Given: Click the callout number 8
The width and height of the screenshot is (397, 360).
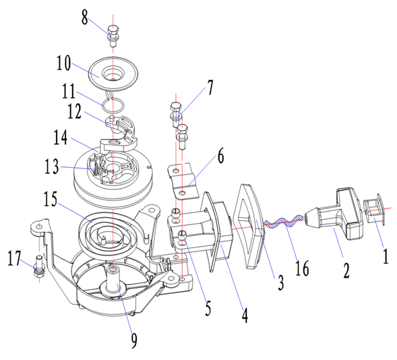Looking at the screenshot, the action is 84,18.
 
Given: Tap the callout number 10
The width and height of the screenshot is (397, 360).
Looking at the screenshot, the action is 63,63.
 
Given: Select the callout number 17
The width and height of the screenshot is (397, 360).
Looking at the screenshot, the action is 14,258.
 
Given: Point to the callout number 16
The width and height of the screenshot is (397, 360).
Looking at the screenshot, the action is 302,268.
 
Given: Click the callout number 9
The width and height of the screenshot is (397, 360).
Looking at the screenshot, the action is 134,340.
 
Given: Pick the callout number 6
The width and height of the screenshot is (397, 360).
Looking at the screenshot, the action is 221,156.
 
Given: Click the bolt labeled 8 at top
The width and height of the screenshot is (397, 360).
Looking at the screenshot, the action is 113,36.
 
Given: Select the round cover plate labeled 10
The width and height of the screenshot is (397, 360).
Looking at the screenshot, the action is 113,74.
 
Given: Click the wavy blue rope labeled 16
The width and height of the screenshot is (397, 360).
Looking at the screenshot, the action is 284,221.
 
